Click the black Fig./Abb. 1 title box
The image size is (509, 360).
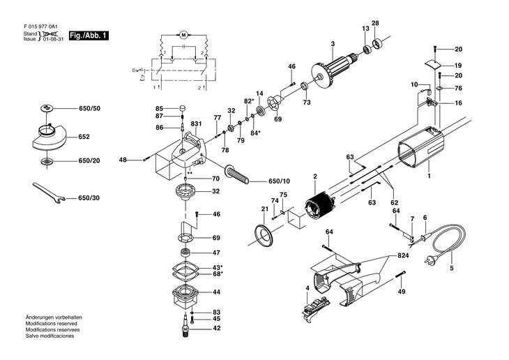tap(89, 36)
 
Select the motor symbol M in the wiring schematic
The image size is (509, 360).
tap(184, 34)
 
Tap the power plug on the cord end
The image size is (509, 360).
tap(431, 259)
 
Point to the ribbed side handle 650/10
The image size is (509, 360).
tap(236, 174)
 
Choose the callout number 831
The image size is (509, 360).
tap(196, 123)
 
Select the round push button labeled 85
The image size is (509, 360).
tap(183, 108)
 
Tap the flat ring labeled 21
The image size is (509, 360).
tap(264, 233)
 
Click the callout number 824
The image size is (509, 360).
tap(403, 255)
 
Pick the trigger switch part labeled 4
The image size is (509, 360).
tap(315, 308)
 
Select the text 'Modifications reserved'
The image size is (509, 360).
tap(52, 324)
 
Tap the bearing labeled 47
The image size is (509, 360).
tap(185, 252)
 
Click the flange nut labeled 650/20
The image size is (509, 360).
tap(47, 161)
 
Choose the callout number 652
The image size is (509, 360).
tap(84, 137)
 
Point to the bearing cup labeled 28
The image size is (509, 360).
tap(377, 43)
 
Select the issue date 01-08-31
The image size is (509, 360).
tap(54, 39)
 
